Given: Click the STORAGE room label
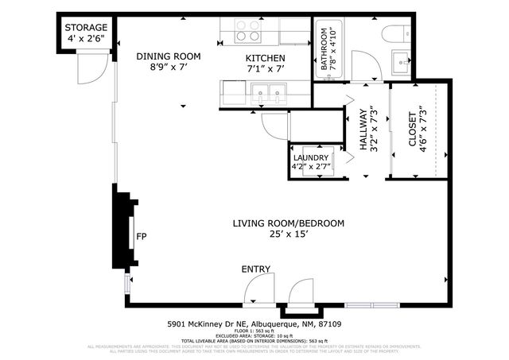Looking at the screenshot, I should point(87,28).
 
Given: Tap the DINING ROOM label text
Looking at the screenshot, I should point(168,56).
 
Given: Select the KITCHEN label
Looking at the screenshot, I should point(264,58).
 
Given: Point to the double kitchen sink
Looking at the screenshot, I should point(268,95).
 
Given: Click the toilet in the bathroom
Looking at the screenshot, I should point(394,33).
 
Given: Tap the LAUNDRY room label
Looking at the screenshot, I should point(310,157).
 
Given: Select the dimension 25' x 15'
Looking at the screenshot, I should point(288,235).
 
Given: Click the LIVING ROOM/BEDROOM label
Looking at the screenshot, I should point(288,224).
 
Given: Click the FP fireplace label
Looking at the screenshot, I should point(142,237).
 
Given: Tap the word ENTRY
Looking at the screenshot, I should point(256,270).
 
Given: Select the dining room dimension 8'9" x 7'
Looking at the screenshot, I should point(168,68).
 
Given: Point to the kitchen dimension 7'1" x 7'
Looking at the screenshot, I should point(264,69).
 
